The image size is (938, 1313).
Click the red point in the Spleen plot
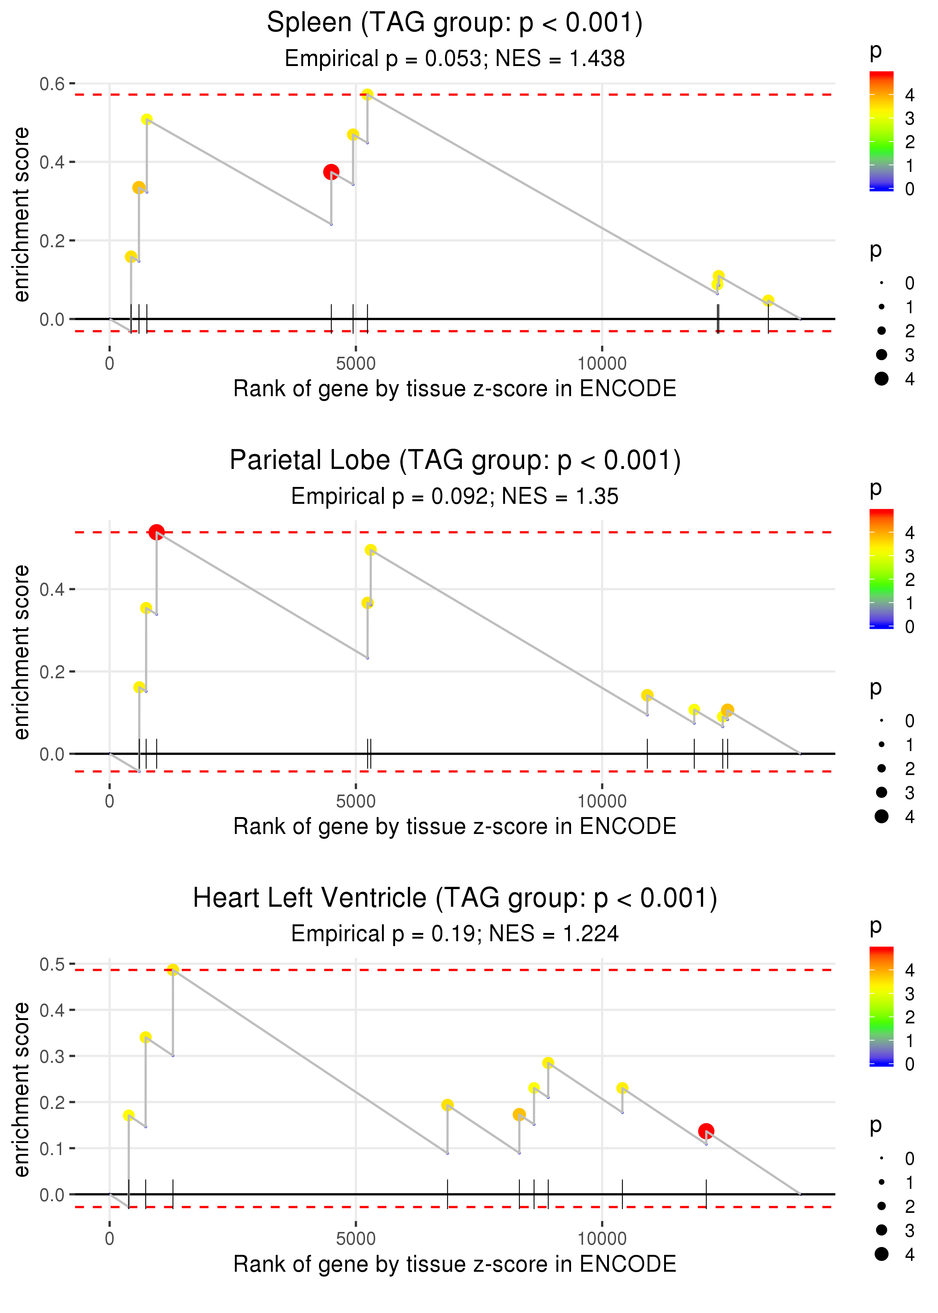point(331,171)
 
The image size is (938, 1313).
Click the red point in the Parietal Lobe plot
point(156,532)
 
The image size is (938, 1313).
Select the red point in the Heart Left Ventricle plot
point(706,1131)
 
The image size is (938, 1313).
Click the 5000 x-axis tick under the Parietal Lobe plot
point(355,801)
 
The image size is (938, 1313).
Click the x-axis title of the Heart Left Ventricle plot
point(455,1264)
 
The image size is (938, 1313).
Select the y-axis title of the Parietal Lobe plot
point(21,652)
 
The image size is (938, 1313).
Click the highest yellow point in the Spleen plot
point(367,94)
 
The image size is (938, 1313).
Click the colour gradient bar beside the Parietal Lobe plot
point(881,568)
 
